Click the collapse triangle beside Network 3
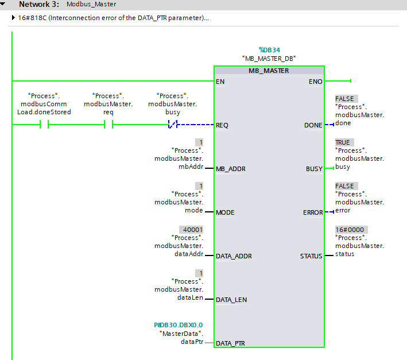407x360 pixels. pyautogui.click(x=4, y=4)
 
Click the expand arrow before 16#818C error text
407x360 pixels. pyautogui.click(x=13, y=18)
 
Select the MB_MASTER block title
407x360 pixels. pyautogui.click(x=269, y=71)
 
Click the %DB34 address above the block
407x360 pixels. pyautogui.click(x=269, y=50)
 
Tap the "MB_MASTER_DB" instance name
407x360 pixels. pyautogui.click(x=269, y=59)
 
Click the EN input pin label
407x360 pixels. pyautogui.click(x=220, y=82)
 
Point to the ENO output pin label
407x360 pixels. pyautogui.click(x=315, y=82)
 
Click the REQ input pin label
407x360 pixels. pyautogui.click(x=223, y=125)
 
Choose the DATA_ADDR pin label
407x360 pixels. pyautogui.click(x=234, y=256)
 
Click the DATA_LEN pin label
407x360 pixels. pyautogui.click(x=232, y=299)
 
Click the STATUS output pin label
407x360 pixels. pyautogui.click(x=311, y=256)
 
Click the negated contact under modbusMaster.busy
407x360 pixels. pyautogui.click(x=172, y=125)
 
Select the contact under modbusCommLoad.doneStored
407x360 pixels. pyautogui.click(x=44, y=125)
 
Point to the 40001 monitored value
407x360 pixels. pyautogui.click(x=192, y=229)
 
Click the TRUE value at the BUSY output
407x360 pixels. pyautogui.click(x=343, y=142)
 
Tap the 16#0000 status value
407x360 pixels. pyautogui.click(x=350, y=229)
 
